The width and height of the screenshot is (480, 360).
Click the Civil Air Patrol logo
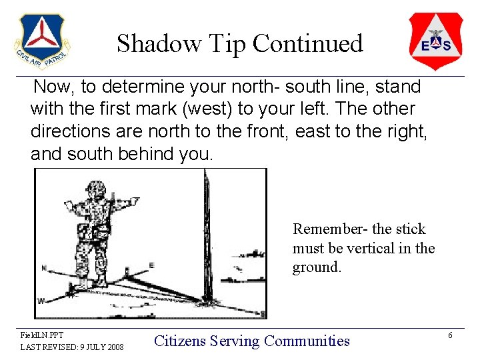pyautogui.click(x=41, y=41)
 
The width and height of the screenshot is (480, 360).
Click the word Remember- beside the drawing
pyautogui.click(x=331, y=229)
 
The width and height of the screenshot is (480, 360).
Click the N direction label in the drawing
pyautogui.click(x=44, y=268)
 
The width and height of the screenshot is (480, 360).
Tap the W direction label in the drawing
pyautogui.click(x=41, y=301)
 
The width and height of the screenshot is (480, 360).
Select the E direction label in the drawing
pyautogui.click(x=151, y=265)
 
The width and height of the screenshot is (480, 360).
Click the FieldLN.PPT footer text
pyautogui.click(x=41, y=335)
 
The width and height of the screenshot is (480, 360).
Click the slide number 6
pyautogui.click(x=451, y=335)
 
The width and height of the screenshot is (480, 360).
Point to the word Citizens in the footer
pyautogui.click(x=180, y=341)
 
